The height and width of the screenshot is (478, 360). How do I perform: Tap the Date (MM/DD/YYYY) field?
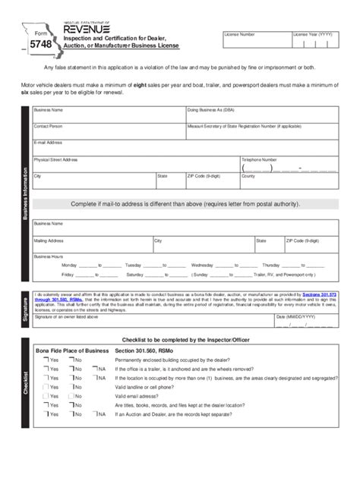[305, 324]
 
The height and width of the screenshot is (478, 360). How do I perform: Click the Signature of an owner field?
[152, 324]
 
